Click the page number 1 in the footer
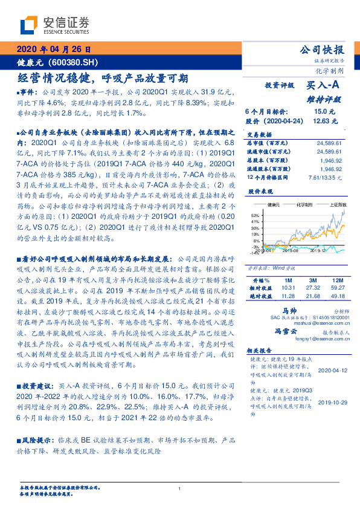click(180, 489)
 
